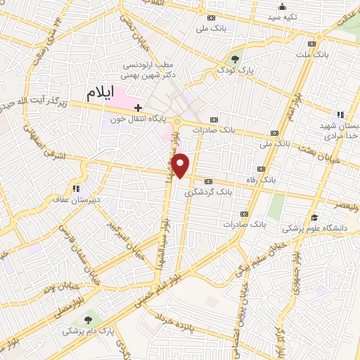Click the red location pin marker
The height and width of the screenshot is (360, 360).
click(181, 165)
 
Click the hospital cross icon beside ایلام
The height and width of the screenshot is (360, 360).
click(139, 108)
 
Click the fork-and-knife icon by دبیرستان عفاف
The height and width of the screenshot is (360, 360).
click(75, 188)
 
